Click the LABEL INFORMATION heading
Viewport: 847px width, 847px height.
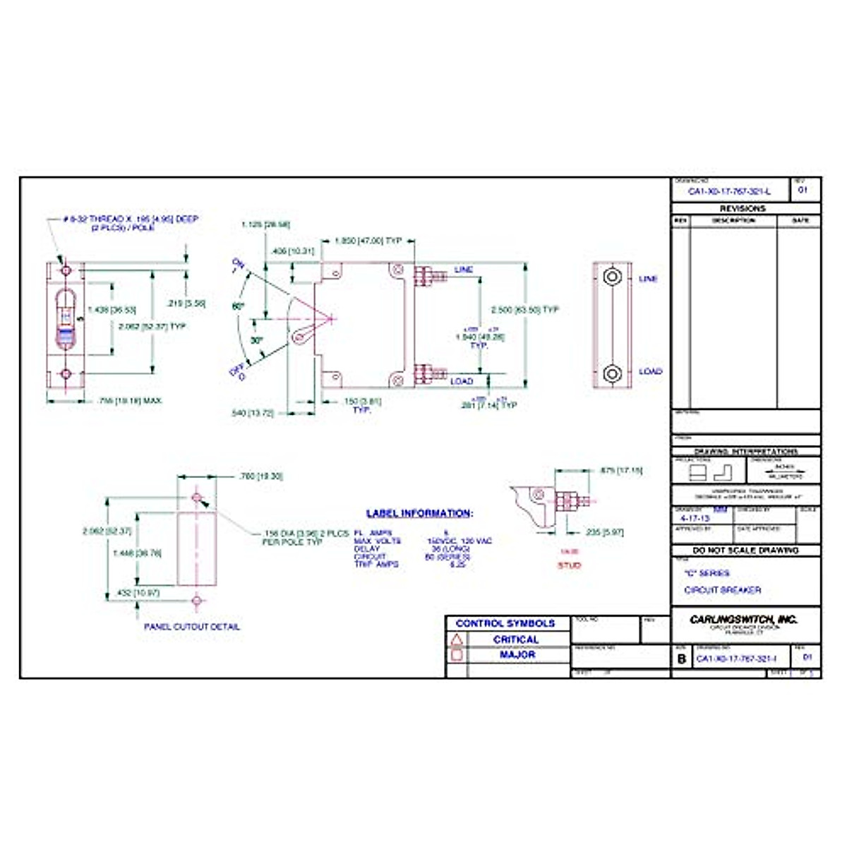(419, 513)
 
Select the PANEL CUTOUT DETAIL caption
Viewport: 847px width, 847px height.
(192, 626)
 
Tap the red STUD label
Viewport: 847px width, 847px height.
(569, 565)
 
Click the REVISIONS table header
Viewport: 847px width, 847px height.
(743, 208)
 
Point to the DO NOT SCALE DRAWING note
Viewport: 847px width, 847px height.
(745, 550)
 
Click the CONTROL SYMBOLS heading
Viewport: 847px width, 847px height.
(505, 623)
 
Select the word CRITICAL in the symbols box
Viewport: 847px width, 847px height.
(516, 639)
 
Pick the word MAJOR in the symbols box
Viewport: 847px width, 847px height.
(517, 655)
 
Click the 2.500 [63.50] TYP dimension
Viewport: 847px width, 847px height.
(525, 310)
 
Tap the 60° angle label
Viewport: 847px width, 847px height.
(238, 307)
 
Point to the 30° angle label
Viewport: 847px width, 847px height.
(257, 340)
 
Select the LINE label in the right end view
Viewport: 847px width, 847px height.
(648, 279)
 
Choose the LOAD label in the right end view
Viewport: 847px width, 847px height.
(651, 371)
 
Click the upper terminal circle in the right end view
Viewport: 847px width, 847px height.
(612, 276)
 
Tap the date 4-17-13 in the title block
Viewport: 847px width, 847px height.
(695, 518)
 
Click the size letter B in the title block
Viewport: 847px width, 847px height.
(682, 659)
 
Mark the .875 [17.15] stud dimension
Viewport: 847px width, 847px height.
(620, 470)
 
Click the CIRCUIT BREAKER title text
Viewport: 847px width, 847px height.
(723, 590)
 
